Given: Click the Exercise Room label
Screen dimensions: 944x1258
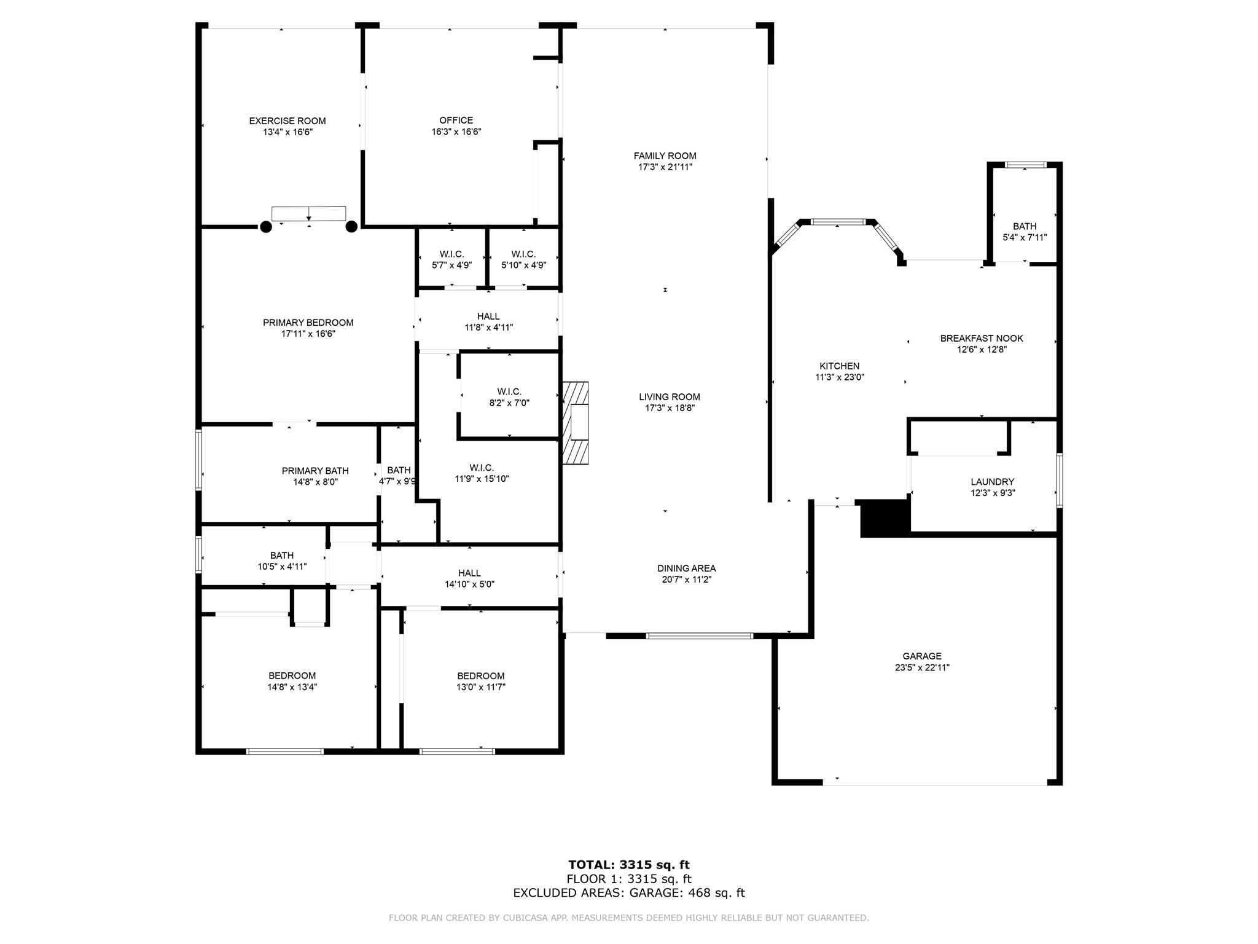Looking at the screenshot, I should (x=287, y=121).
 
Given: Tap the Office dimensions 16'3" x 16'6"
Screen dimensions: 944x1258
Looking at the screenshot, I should (x=456, y=132).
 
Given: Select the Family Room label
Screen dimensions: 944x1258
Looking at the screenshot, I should (x=665, y=156).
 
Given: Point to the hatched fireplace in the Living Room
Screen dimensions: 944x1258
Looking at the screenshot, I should (x=575, y=423).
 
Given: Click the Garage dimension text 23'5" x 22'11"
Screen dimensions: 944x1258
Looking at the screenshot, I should (x=922, y=667).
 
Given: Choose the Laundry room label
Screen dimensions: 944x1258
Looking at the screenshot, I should (x=992, y=482).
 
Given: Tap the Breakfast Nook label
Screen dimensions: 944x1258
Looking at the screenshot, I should (x=982, y=339).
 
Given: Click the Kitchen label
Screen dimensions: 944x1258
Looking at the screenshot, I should (x=839, y=366).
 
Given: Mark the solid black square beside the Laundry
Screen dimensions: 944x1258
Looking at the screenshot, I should (x=885, y=518).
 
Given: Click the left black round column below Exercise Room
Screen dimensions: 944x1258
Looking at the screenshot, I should (x=266, y=227).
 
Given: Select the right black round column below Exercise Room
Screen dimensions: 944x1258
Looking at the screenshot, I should (x=351, y=227).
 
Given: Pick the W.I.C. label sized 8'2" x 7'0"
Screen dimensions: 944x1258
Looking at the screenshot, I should (x=509, y=391).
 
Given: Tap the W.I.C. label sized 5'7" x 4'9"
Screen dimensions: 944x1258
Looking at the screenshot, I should (x=451, y=254).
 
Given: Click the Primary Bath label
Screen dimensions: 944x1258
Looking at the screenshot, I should (x=315, y=471).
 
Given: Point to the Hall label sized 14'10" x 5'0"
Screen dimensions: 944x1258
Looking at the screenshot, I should (x=469, y=573).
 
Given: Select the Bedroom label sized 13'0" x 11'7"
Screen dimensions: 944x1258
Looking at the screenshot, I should (x=480, y=676).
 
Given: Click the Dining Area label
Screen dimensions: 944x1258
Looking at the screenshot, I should (x=686, y=568).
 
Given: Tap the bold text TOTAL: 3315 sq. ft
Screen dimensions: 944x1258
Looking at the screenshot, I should (x=628, y=865).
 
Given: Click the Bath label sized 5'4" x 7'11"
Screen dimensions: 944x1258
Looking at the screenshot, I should (x=1025, y=226).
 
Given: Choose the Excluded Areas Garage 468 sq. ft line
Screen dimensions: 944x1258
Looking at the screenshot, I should (x=628, y=893).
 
